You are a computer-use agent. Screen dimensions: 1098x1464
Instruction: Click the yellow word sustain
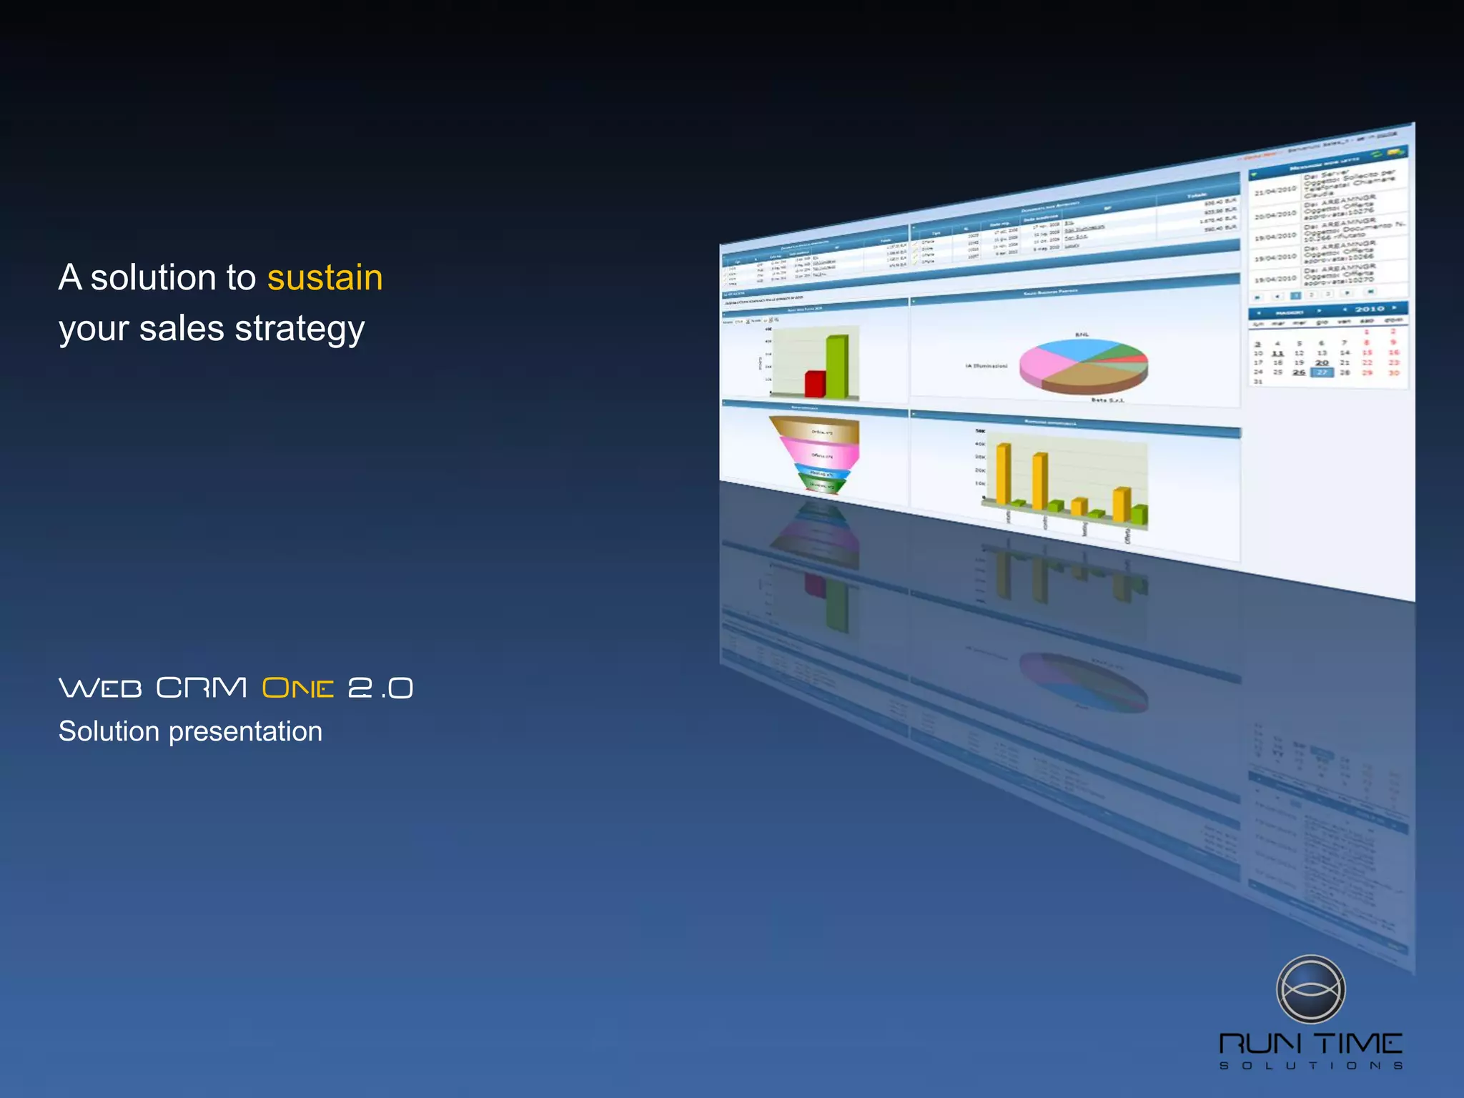coord(325,278)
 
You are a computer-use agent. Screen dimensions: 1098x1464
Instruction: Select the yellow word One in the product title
coord(297,688)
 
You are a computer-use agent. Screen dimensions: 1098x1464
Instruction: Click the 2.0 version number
coord(380,688)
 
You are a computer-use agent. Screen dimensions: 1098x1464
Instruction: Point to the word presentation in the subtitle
coord(245,732)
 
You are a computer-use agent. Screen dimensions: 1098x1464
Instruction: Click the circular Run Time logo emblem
coord(1310,989)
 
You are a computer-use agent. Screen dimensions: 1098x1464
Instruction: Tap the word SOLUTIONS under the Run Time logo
coord(1310,1066)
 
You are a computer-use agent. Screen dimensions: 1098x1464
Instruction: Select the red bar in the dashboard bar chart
coord(814,383)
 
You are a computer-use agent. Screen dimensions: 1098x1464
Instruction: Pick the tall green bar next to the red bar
coord(836,366)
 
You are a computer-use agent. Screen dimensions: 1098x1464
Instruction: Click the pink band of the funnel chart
coord(820,453)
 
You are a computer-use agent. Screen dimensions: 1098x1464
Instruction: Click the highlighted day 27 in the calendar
coord(1322,372)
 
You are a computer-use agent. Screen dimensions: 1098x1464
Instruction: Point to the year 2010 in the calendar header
coord(1369,309)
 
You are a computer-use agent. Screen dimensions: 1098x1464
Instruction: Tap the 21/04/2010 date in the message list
coord(1275,191)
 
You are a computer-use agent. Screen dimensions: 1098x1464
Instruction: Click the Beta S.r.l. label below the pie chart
coord(1107,400)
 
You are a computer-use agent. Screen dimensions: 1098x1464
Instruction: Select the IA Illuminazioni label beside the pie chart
coord(986,366)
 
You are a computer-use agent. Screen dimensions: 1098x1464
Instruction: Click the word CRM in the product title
coord(202,688)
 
